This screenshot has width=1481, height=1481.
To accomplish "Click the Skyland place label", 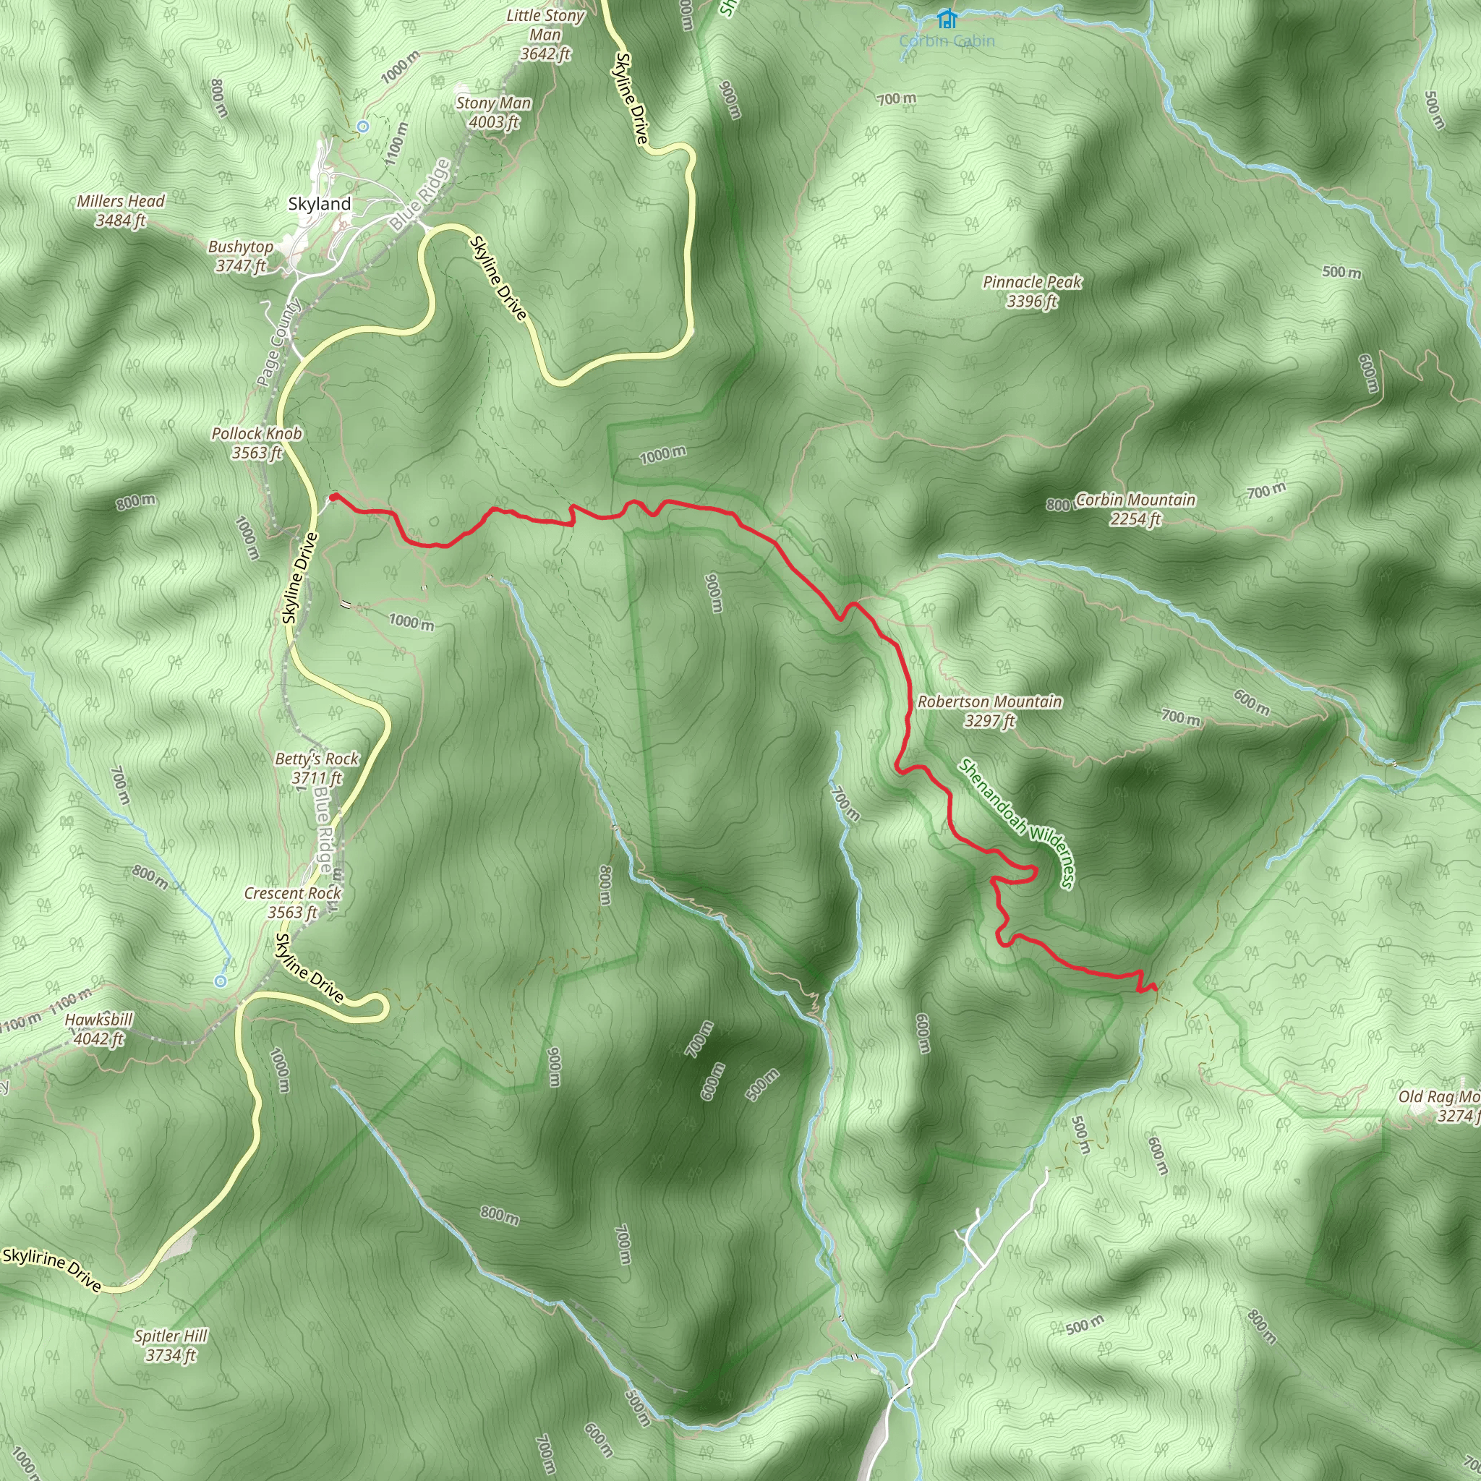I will pyautogui.click(x=320, y=204).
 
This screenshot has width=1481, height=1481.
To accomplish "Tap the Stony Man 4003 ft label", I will pyautogui.click(x=493, y=113).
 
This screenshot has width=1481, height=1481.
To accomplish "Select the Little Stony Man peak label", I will pyautogui.click(x=545, y=35).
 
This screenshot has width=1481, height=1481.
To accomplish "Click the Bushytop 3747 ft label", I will pyautogui.click(x=241, y=256).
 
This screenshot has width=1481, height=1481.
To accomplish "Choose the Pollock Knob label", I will pyautogui.click(x=257, y=443).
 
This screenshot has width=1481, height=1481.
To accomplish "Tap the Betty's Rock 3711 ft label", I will pyautogui.click(x=317, y=768).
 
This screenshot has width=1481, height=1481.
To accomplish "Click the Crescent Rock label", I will pyautogui.click(x=293, y=902).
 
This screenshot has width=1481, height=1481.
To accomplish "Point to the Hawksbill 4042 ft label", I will pyautogui.click(x=99, y=1030).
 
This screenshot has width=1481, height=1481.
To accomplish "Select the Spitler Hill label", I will pyautogui.click(x=171, y=1345).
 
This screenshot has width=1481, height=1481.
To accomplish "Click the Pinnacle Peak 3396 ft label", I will pyautogui.click(x=1032, y=291).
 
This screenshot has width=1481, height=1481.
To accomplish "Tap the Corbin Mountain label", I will pyautogui.click(x=1135, y=509).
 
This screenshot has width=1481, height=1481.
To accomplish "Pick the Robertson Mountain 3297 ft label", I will pyautogui.click(x=990, y=711).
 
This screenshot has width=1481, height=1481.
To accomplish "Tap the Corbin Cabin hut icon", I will pyautogui.click(x=947, y=17).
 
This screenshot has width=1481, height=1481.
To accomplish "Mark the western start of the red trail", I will pyautogui.click(x=333, y=498).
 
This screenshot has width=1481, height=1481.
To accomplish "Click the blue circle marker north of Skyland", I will pyautogui.click(x=363, y=126).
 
